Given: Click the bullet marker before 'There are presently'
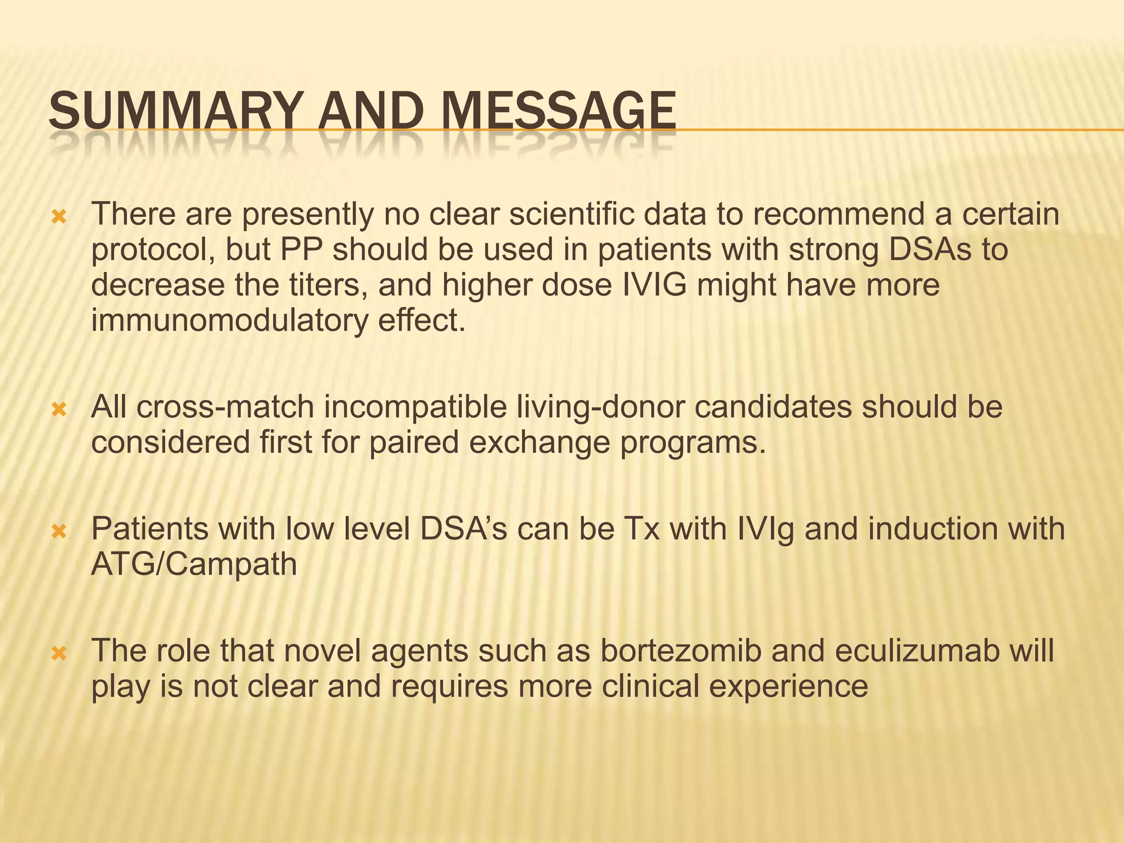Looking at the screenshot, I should tap(58, 218).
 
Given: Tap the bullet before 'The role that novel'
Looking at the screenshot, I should tap(58, 654).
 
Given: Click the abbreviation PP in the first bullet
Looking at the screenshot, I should tap(301, 249).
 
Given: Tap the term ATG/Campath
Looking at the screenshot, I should tap(194, 564).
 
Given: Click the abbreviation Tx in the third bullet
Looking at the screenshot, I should tap(642, 529).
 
